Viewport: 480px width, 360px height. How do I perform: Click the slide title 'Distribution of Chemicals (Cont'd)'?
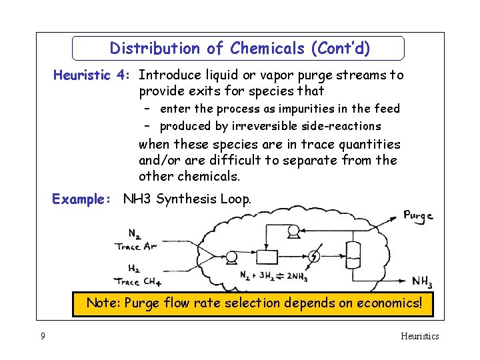tap(239, 49)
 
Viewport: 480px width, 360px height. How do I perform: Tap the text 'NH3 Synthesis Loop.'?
tap(187, 199)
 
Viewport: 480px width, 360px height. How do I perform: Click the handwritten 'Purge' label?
tap(418, 215)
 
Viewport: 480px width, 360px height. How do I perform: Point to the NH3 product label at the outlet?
tap(421, 282)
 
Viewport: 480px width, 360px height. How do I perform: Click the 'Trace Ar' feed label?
tap(136, 247)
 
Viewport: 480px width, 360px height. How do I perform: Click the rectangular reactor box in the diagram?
tap(267, 257)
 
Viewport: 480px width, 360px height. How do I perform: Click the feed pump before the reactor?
tap(232, 257)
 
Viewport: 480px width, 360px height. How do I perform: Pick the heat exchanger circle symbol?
tap(314, 257)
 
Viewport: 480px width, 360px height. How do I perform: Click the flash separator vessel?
tap(353, 254)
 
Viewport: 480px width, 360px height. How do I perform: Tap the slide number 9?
tap(43, 336)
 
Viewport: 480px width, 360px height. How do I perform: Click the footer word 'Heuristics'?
tap(419, 336)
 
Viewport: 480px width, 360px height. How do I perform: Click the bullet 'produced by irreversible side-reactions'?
tap(270, 126)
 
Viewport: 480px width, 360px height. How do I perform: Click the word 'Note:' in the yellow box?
tap(103, 303)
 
